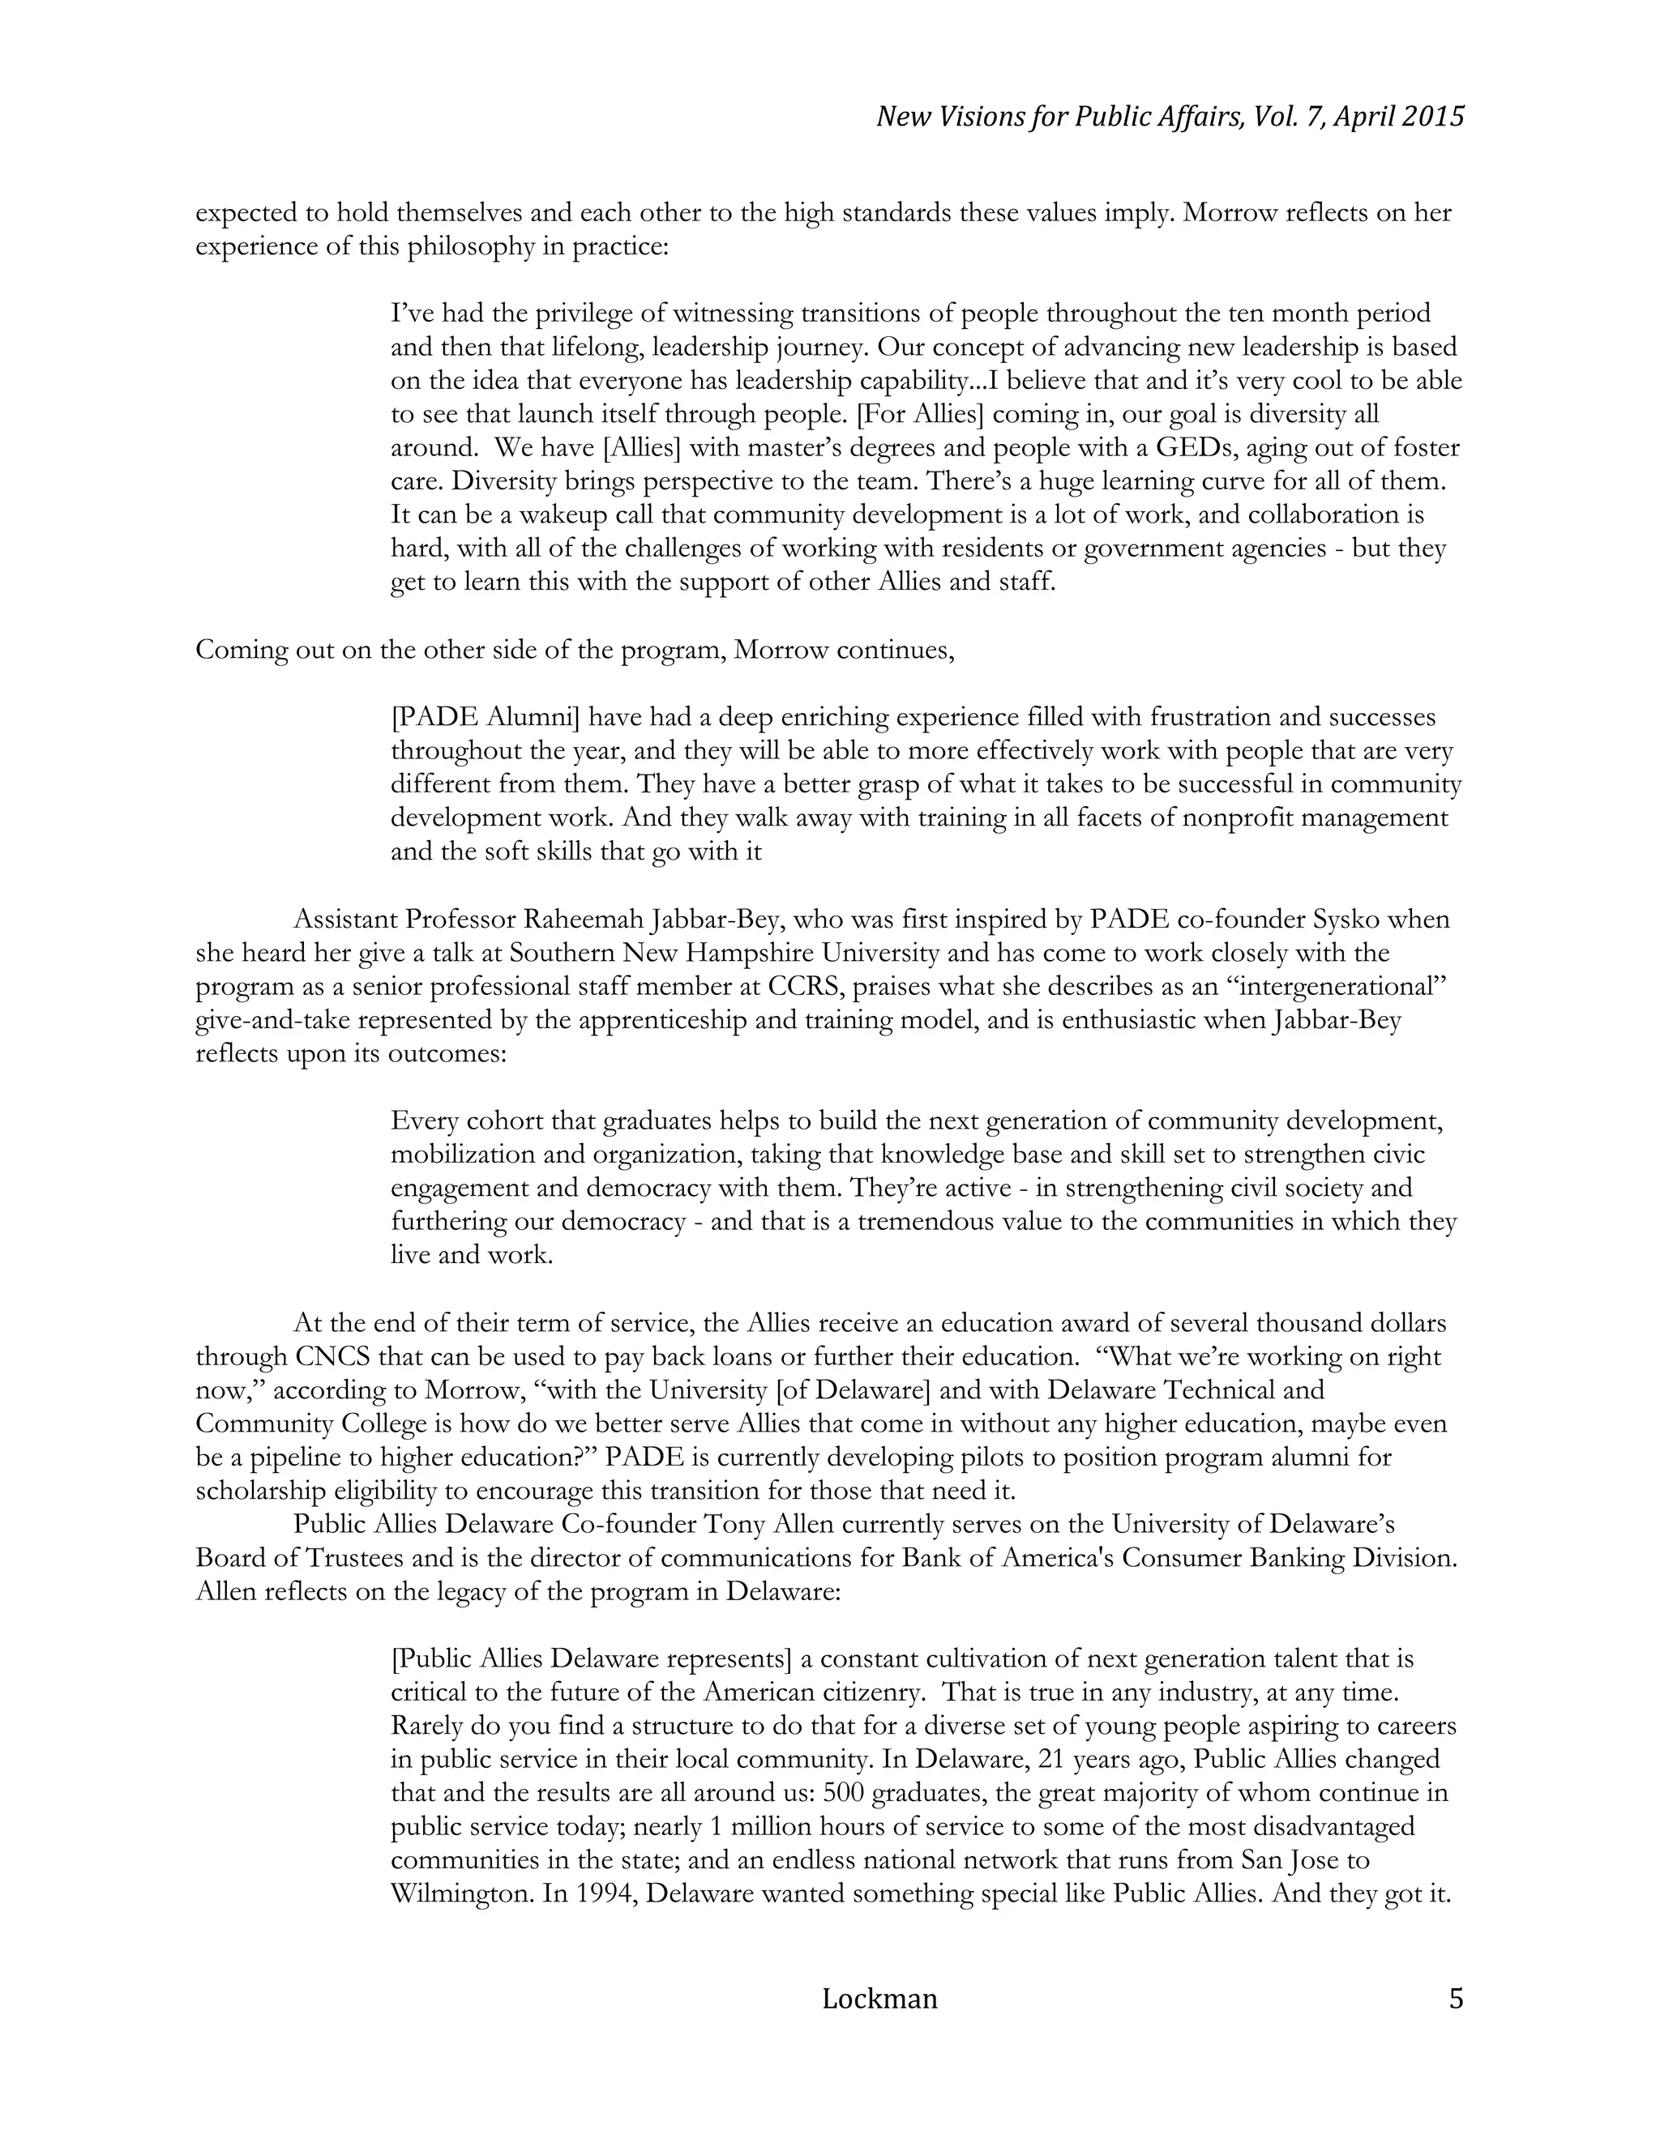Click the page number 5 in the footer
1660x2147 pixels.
1456,1999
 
